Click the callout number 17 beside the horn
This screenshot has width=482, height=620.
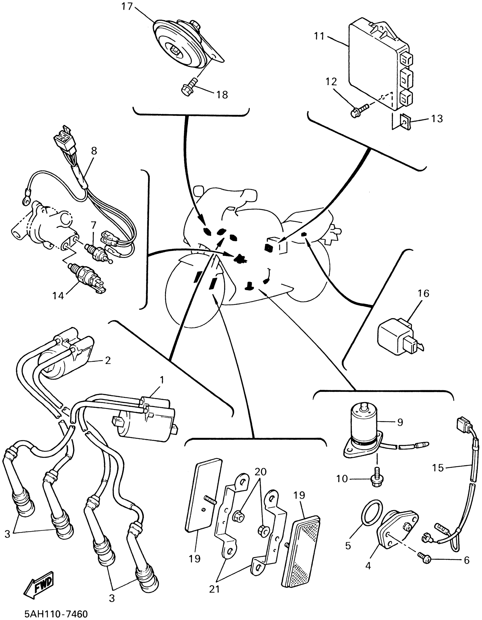[x=127, y=6]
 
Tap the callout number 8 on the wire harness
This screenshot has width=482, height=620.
[x=94, y=151]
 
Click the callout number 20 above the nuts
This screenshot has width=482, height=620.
[x=261, y=472]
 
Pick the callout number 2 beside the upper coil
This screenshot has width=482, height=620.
[x=108, y=360]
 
